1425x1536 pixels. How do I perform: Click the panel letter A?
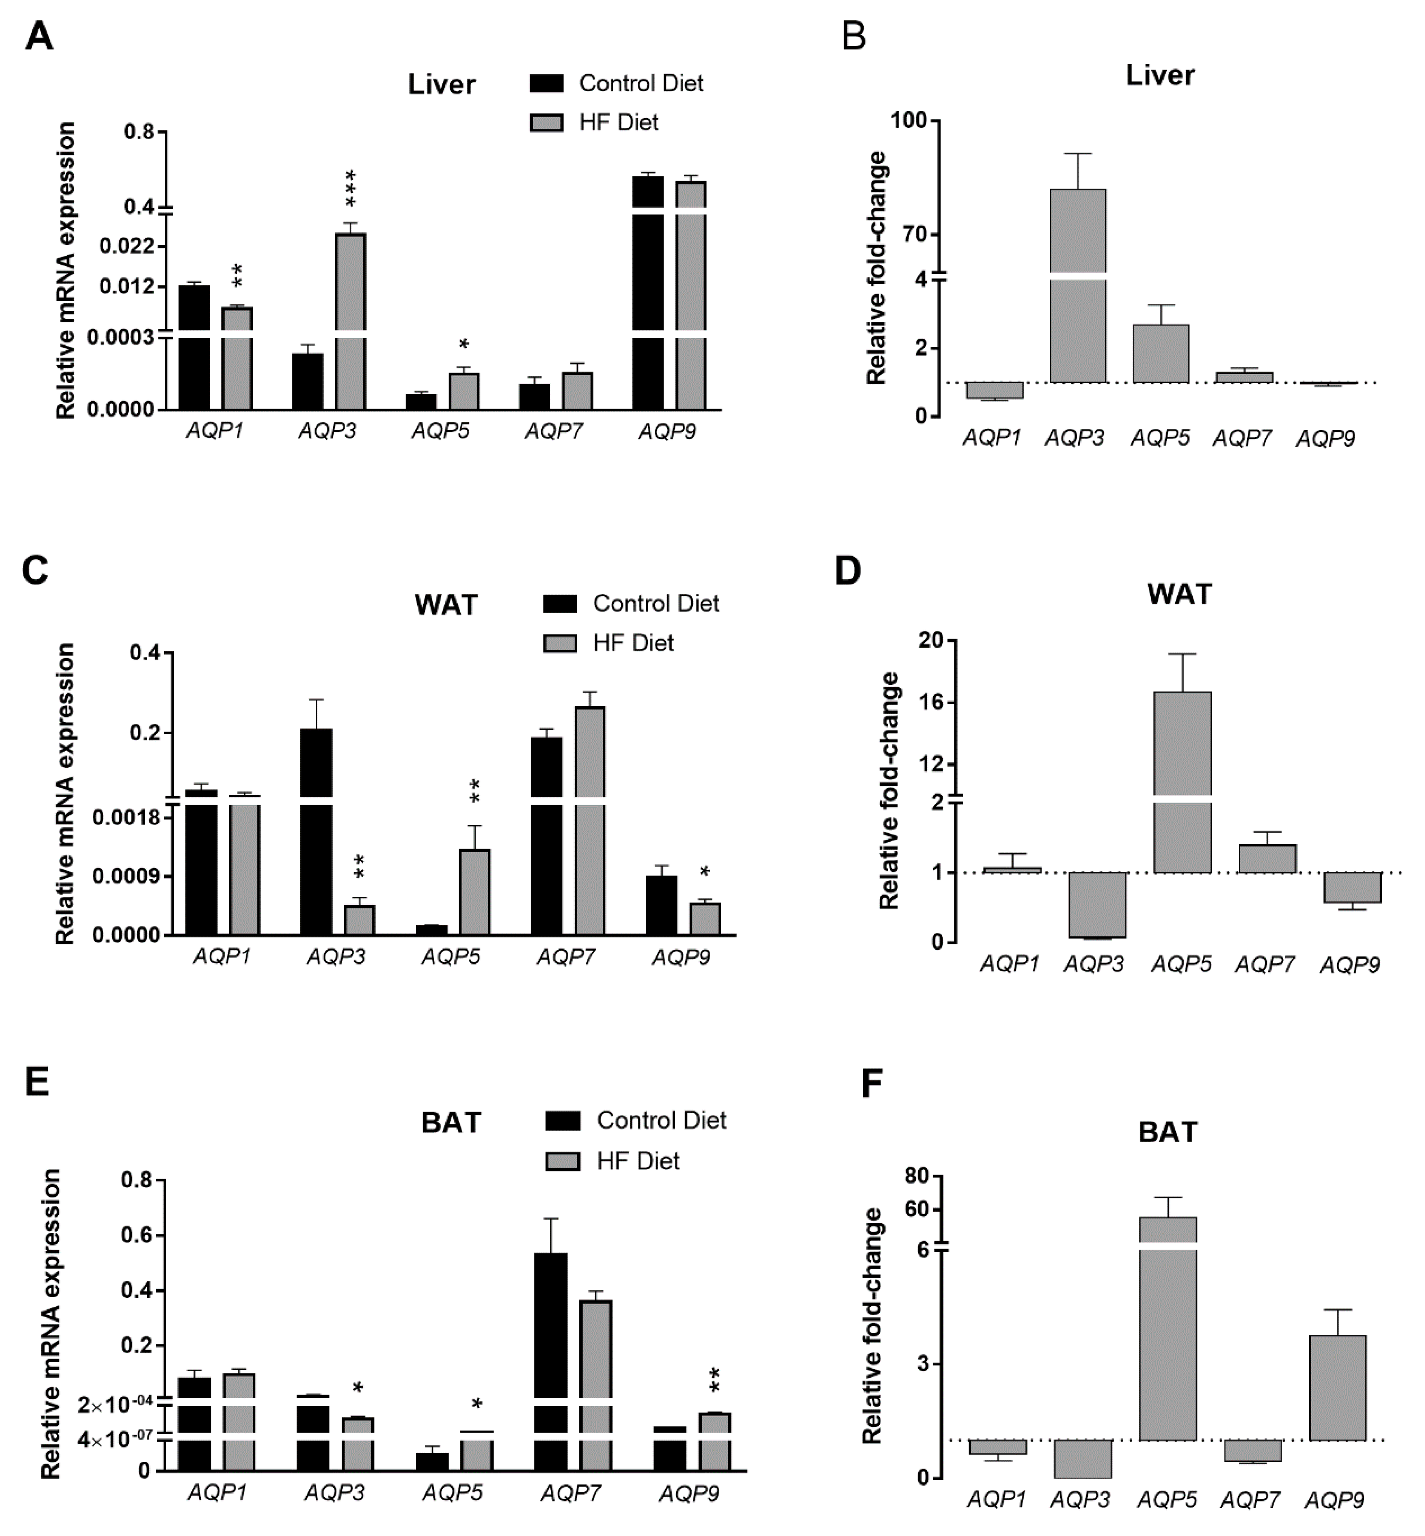tap(39, 36)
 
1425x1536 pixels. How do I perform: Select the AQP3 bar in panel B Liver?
tap(1077, 285)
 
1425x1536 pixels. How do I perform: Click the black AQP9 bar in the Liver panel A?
tap(648, 293)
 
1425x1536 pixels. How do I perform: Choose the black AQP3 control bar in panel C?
tap(316, 832)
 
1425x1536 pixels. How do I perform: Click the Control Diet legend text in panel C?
tap(656, 604)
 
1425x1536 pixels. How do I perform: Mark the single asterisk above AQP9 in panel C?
tap(704, 872)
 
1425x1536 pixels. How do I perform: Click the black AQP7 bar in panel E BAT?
tap(550, 1360)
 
